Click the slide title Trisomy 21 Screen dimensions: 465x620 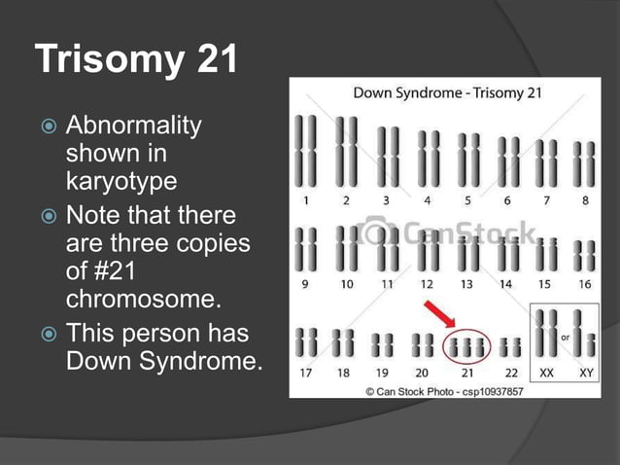(x=136, y=59)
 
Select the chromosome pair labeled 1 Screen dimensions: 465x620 (x=306, y=152)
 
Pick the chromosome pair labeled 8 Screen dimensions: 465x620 (x=583, y=165)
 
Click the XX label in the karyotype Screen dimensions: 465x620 (x=547, y=372)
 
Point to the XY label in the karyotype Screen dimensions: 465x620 (x=586, y=372)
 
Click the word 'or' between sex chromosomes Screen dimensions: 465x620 (x=567, y=337)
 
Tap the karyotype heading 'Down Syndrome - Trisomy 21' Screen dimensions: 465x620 (x=447, y=94)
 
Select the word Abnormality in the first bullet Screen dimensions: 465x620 (x=133, y=126)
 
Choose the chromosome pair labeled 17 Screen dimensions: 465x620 (x=306, y=342)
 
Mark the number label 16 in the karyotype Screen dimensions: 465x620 (x=584, y=284)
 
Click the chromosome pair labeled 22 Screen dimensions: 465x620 (x=510, y=345)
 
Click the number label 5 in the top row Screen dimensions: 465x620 (x=466, y=200)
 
